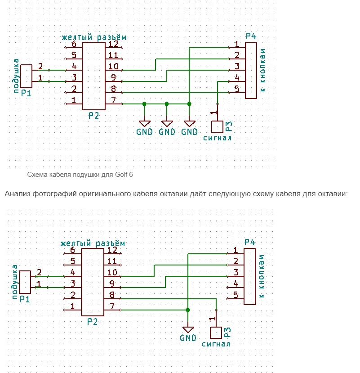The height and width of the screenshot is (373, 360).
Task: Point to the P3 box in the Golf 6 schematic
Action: [x=217, y=126]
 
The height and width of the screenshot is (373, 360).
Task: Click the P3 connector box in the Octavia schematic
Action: [x=216, y=333]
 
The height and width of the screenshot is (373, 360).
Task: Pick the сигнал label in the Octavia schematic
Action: [x=216, y=344]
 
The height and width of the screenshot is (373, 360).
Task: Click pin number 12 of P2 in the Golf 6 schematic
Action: [x=113, y=44]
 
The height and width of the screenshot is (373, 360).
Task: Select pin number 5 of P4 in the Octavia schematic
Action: [x=235, y=295]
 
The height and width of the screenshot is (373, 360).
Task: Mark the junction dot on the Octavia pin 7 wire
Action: [x=188, y=310]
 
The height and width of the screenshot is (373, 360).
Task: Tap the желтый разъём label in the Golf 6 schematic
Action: [x=94, y=36]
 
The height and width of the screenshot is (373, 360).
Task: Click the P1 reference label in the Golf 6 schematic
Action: [x=26, y=93]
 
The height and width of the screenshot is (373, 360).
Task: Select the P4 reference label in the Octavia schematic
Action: [x=250, y=243]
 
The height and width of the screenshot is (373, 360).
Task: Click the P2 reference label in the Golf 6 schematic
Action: [x=93, y=116]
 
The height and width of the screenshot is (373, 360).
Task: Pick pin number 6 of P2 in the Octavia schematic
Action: [x=72, y=250]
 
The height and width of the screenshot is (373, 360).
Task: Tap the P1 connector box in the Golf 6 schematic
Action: [x=27, y=76]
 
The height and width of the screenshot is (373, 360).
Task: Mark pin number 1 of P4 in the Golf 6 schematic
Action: [x=236, y=44]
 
